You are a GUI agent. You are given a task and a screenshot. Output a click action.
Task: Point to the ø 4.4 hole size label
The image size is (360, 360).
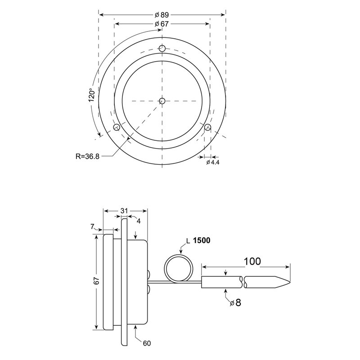(212, 162)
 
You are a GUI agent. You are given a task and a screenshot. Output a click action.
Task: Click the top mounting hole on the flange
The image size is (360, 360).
(162, 48)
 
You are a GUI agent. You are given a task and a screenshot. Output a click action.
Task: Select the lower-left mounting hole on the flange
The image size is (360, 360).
(117, 127)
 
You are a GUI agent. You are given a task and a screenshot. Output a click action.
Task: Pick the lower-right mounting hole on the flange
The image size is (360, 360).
(207, 128)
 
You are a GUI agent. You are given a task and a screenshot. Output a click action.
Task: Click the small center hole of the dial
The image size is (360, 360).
(162, 101)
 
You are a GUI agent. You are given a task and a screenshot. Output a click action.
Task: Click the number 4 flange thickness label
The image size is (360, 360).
(139, 221)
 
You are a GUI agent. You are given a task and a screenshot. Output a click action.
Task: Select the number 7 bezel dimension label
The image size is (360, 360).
(93, 227)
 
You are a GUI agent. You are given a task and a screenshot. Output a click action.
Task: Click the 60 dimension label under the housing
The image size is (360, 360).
(147, 343)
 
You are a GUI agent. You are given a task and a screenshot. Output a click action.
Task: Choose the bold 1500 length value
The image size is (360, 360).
(202, 241)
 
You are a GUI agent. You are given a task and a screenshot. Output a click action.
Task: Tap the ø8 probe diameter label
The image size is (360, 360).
(235, 303)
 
